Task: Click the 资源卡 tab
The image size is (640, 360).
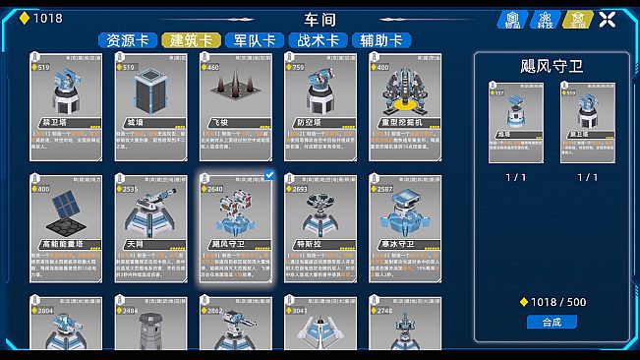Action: [127, 40]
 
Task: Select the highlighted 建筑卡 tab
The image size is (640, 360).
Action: [192, 40]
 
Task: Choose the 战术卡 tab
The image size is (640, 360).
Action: [318, 40]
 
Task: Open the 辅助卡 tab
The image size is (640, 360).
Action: [380, 40]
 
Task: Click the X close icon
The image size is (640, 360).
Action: [608, 19]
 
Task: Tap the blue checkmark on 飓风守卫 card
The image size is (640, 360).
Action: [269, 175]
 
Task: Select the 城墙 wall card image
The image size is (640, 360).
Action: [150, 94]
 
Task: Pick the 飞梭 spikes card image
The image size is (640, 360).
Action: [235, 94]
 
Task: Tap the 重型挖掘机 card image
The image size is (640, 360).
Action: [404, 95]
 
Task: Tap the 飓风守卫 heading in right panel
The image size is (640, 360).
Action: [552, 65]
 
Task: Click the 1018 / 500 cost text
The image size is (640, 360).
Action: [557, 302]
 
